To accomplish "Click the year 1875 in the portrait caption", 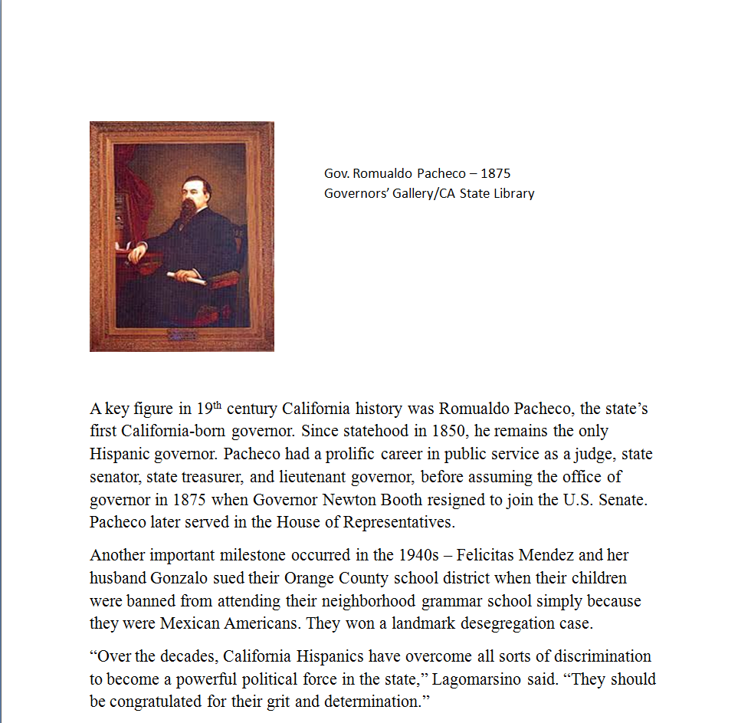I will [x=495, y=173].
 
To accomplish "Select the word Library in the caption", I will [x=513, y=193].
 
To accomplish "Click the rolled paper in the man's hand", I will [x=186, y=278].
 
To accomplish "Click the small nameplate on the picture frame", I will [x=182, y=334].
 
